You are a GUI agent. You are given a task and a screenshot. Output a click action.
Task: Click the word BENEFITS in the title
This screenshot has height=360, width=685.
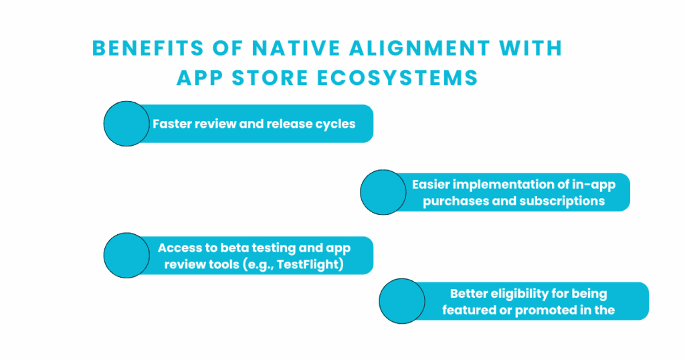[148, 48]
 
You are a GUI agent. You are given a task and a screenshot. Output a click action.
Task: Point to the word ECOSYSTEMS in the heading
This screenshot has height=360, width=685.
[397, 78]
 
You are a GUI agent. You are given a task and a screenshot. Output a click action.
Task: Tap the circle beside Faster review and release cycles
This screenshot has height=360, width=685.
[126, 124]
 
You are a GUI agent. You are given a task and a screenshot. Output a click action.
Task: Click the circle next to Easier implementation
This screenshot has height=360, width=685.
[383, 192]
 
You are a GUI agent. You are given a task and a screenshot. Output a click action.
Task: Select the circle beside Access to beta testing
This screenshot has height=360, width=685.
[126, 255]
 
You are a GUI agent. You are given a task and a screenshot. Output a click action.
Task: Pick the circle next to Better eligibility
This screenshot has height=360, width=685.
[402, 301]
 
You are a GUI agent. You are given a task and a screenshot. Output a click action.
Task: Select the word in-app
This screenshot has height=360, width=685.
[594, 185]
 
